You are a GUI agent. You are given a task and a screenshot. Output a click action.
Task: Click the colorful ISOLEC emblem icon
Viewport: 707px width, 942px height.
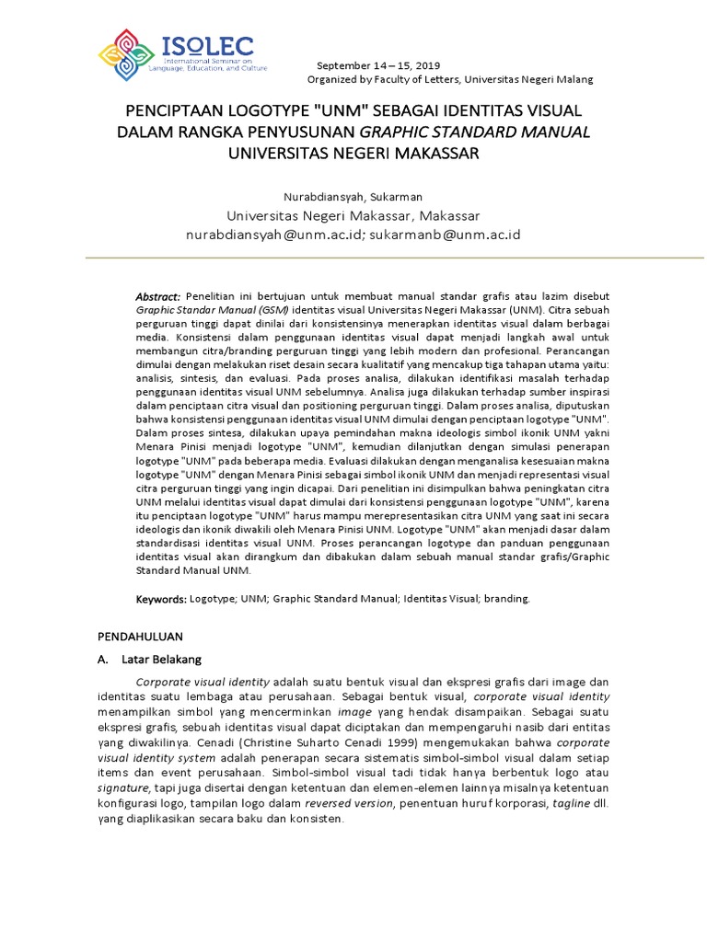(128, 54)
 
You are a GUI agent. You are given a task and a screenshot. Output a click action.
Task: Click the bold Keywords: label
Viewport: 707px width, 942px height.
(161, 599)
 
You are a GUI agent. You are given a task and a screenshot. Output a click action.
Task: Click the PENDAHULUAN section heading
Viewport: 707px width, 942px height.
(141, 636)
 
